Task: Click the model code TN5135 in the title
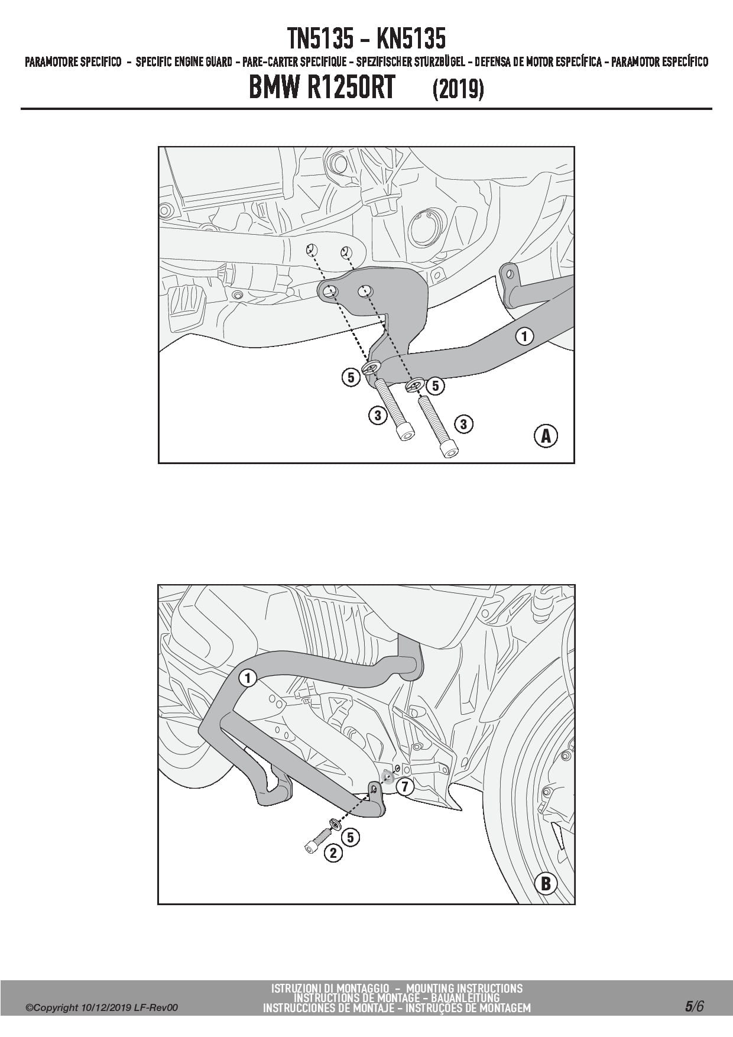pos(322,39)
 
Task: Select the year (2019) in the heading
pos(458,89)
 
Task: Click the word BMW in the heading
pos(275,89)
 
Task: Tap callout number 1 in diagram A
pos(524,336)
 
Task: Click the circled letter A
pos(546,436)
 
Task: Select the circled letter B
pos(546,883)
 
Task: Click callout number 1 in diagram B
pos(248,678)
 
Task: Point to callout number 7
pos(405,787)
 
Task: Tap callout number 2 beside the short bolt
pos(333,853)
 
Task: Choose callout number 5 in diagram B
pos(351,837)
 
